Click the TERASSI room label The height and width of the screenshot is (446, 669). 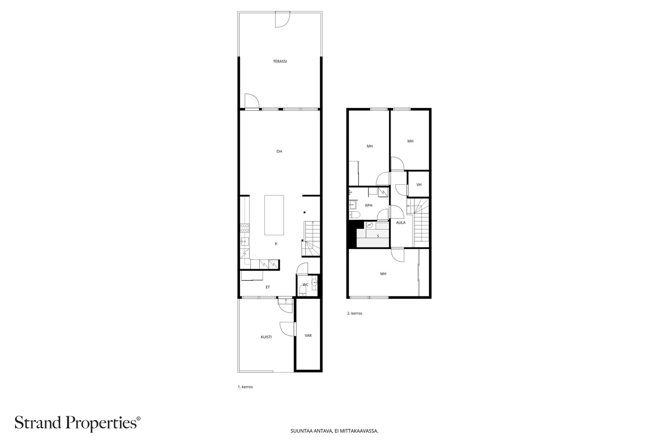coord(280,61)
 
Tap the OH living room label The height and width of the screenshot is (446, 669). coord(279,151)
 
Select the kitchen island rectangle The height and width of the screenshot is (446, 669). coord(274,215)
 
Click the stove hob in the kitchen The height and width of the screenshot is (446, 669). coord(245,228)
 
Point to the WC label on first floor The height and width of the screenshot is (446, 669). coord(306,285)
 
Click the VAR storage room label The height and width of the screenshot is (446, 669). coord(308,336)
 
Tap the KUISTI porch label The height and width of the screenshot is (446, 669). coord(266,337)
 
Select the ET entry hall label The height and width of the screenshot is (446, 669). coord(268,287)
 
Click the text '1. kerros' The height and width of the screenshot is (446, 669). coord(245,387)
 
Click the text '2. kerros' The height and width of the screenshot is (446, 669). coord(355,313)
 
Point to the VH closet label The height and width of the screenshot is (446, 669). coord(419,185)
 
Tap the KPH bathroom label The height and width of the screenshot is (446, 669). coord(368,205)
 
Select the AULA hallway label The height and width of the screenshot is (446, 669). coord(401,223)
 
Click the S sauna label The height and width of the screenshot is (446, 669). coord(378,236)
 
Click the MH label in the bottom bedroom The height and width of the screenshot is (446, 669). coord(383,274)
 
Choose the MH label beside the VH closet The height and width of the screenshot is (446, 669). coord(410,141)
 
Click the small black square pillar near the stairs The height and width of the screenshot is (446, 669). coord(305,213)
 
